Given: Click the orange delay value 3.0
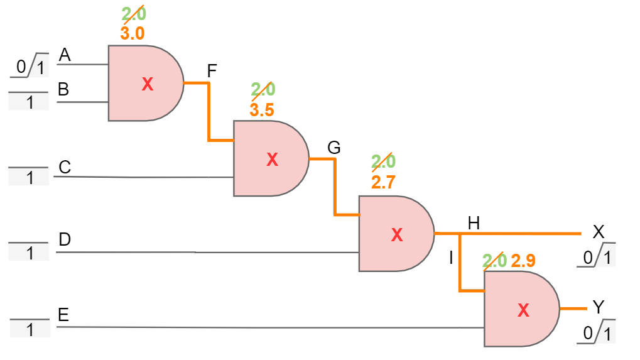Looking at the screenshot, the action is (x=133, y=33).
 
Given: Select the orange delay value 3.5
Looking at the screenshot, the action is (x=262, y=110).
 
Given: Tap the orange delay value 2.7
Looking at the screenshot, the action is (x=383, y=182).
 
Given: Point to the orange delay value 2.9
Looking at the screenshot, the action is (x=523, y=260).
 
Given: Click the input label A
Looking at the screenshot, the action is (x=65, y=55).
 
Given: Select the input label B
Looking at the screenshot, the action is (x=63, y=89).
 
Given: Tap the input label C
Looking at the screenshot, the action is (x=65, y=167).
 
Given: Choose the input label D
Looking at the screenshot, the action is (x=65, y=239).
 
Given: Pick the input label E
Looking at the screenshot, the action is (x=63, y=315).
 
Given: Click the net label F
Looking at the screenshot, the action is (x=212, y=71).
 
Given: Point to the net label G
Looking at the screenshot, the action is (x=334, y=148).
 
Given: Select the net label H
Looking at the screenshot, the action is (x=474, y=223).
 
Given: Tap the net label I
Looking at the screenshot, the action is (x=451, y=258).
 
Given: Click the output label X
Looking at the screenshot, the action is (x=599, y=232).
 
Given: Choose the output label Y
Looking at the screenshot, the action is (x=599, y=307).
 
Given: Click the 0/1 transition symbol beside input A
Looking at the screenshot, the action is (x=30, y=65).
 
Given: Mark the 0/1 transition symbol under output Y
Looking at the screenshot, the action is (x=596, y=332).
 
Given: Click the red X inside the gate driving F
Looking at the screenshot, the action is (x=148, y=84).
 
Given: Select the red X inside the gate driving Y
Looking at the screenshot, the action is (x=523, y=310).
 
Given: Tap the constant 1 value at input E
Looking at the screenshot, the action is (x=30, y=329).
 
